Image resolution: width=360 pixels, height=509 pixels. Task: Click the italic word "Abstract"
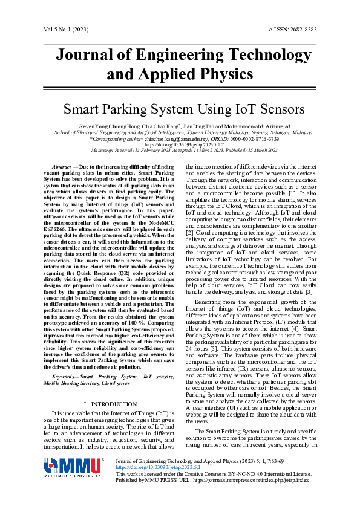point(62,166)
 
